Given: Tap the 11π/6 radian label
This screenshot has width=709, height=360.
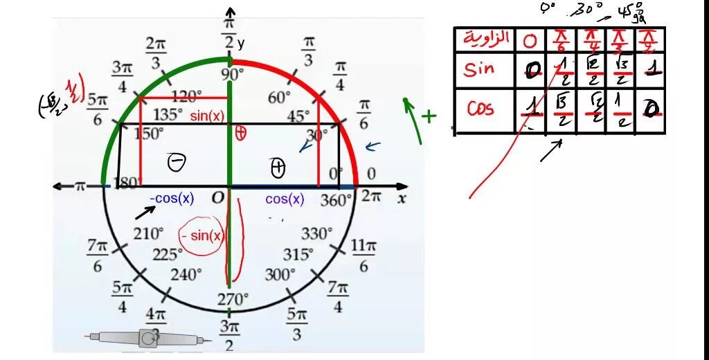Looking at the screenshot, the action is [x=363, y=255].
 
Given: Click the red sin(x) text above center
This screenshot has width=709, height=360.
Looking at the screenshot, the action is [x=207, y=116].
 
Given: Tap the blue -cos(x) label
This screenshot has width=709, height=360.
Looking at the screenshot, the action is [x=172, y=199].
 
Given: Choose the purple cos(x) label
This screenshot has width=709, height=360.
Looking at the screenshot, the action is [x=285, y=199].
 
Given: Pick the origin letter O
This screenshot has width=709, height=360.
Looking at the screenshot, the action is [x=217, y=198].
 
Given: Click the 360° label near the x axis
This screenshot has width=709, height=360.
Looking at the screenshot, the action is [x=337, y=199].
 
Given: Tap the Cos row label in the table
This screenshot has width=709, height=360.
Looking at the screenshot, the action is [x=481, y=109].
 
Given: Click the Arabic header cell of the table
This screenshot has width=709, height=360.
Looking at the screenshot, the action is [x=485, y=38].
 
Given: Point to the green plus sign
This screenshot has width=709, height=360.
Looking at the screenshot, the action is [x=430, y=116].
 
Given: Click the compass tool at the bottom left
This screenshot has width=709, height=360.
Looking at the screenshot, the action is [x=147, y=338].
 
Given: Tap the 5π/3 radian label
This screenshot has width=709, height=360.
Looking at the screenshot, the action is [x=297, y=324].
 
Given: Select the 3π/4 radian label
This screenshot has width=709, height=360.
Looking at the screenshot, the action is [x=122, y=75].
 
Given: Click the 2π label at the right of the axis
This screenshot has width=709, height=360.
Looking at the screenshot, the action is [x=371, y=197].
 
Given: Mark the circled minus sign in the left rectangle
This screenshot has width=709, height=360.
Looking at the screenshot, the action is [x=177, y=163].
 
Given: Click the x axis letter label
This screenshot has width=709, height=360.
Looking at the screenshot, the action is [x=401, y=199].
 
